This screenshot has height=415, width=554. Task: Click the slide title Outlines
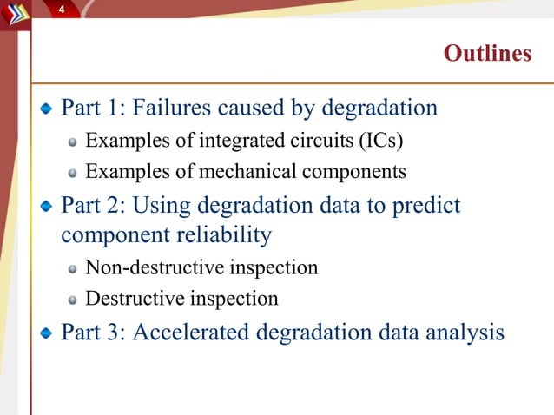click(487, 54)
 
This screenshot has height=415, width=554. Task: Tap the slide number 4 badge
click(62, 9)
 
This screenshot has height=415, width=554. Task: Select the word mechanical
click(246, 171)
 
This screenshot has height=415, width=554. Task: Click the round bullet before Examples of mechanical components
click(75, 172)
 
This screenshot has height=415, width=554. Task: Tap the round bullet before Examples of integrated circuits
click(75, 141)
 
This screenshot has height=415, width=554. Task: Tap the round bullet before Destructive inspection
click(75, 300)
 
